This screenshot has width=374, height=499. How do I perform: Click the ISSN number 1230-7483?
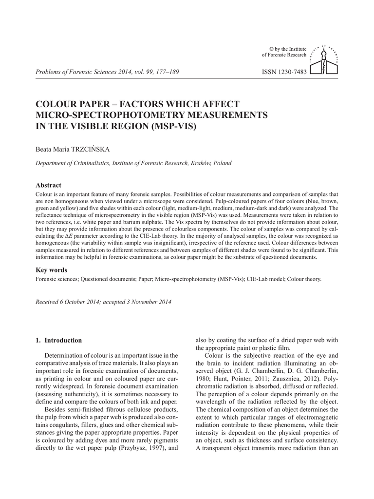pyautogui.click(x=284, y=72)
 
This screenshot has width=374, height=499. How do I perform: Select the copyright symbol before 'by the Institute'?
pyautogui.click(x=272, y=49)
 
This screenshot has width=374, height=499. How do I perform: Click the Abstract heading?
pyautogui.click(x=49, y=185)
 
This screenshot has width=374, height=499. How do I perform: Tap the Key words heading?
pyautogui.click(x=52, y=270)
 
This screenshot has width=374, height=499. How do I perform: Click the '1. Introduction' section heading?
pyautogui.click(x=58, y=340)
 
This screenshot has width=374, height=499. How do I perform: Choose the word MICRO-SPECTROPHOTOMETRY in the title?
pyautogui.click(x=103, y=115)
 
